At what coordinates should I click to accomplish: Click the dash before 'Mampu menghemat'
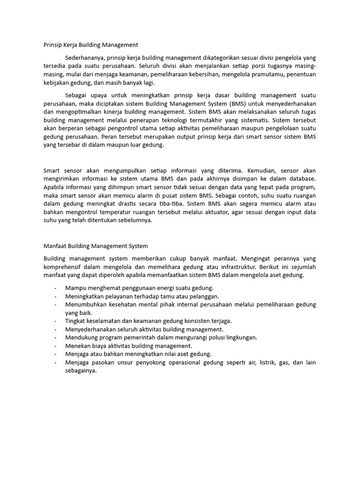point(56,288)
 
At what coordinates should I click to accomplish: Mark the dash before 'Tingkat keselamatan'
point(56,321)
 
